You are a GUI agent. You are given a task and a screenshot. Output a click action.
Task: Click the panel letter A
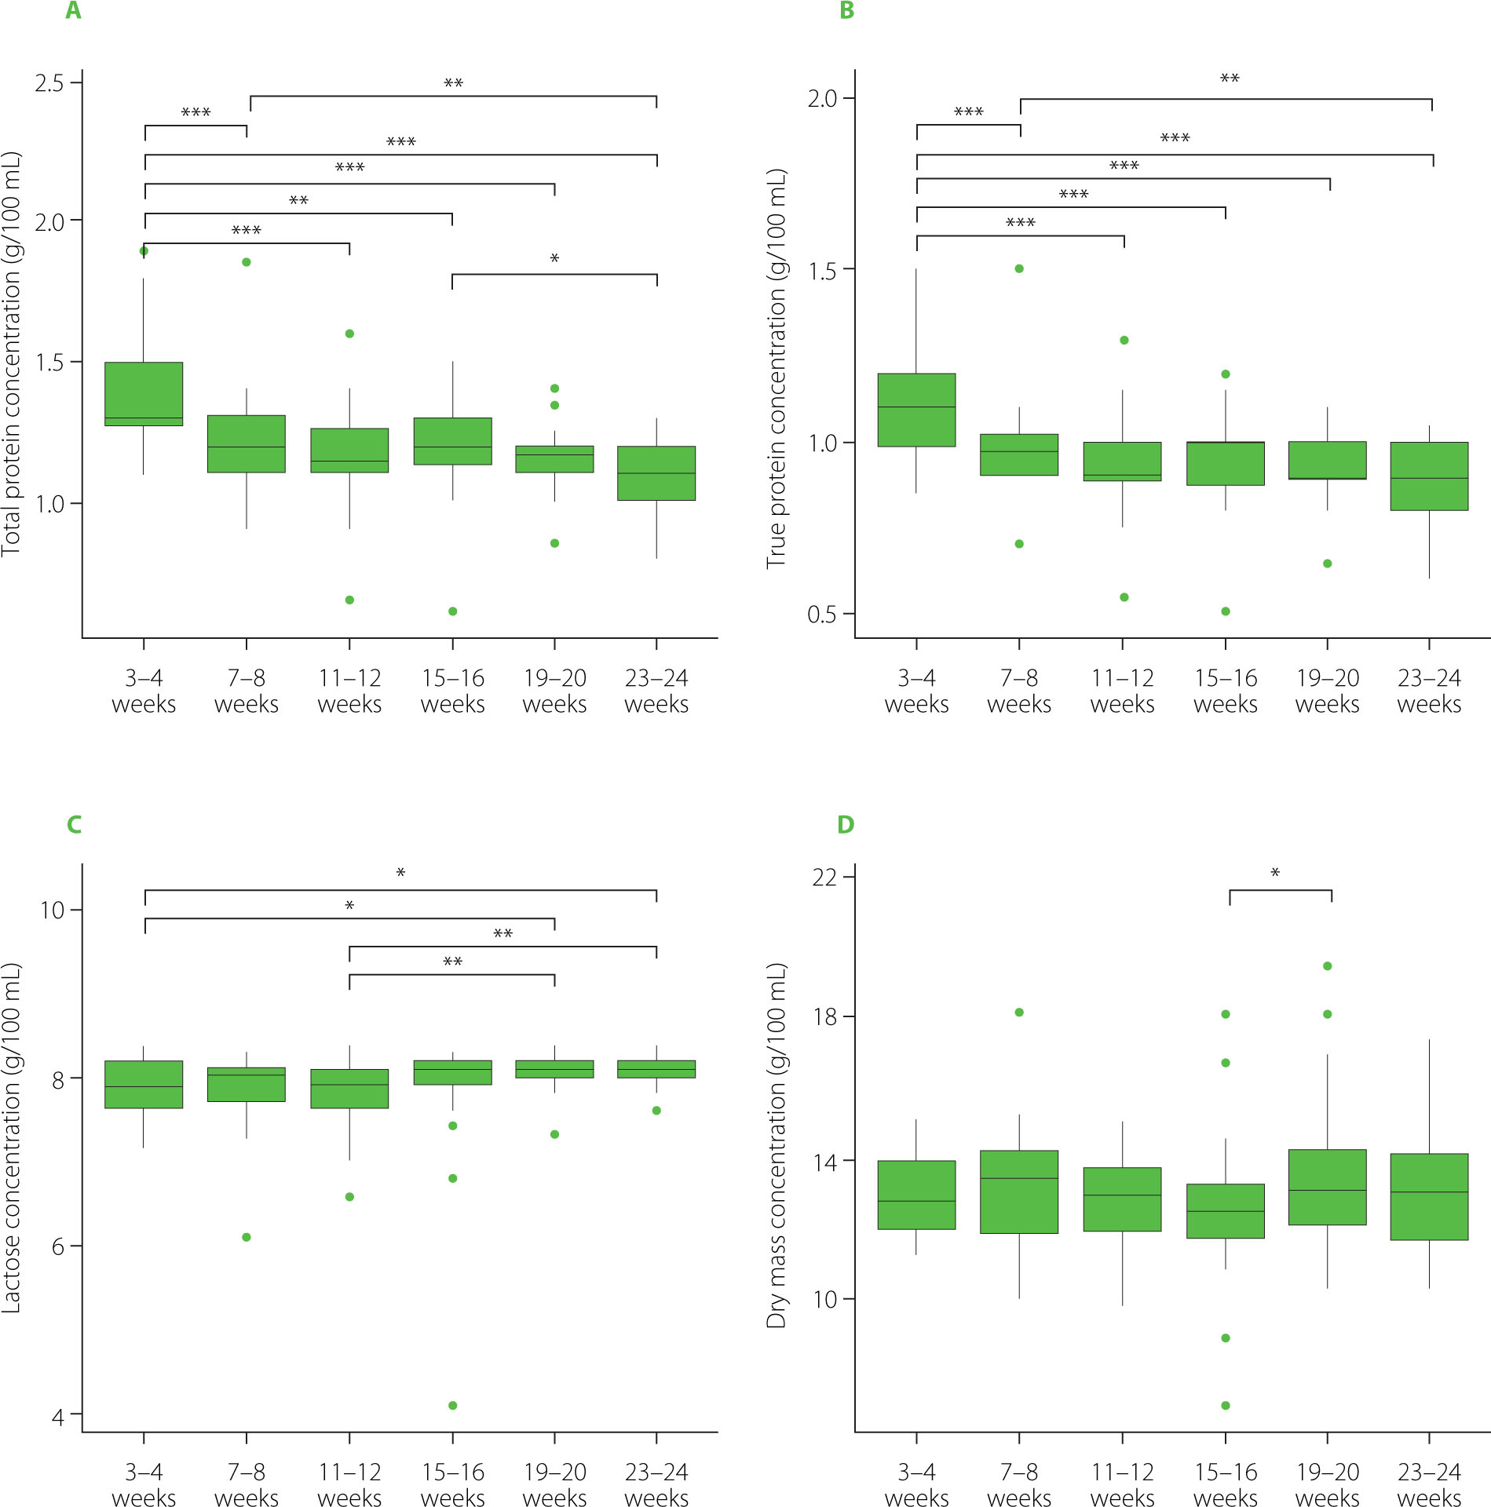click(x=73, y=11)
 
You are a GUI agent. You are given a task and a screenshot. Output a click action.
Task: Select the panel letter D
click(x=846, y=824)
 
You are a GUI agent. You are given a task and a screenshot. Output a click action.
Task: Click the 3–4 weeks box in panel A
click(x=144, y=394)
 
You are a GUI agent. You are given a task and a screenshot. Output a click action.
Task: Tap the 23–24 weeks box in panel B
click(x=1429, y=476)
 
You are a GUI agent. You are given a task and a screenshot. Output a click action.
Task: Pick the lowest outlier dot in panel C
click(x=453, y=1405)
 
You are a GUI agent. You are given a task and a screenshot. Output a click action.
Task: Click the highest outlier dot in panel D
click(x=1328, y=966)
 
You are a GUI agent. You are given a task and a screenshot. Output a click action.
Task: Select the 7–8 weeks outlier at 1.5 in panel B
click(x=1019, y=268)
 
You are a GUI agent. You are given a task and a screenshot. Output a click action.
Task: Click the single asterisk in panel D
click(x=1275, y=874)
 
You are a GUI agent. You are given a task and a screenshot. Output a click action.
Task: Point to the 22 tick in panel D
click(x=825, y=877)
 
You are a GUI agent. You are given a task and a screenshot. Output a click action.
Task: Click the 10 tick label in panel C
click(x=52, y=910)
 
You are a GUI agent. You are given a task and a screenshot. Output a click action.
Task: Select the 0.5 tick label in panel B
click(x=822, y=615)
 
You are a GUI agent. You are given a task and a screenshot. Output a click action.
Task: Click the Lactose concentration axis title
click(x=11, y=1137)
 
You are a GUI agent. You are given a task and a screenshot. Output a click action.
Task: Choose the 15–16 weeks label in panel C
click(x=453, y=1483)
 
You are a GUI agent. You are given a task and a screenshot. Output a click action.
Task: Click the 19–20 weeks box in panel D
click(x=1328, y=1187)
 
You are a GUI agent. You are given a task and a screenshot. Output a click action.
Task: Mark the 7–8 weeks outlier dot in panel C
click(x=247, y=1237)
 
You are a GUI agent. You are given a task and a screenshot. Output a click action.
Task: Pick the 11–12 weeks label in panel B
click(x=1123, y=691)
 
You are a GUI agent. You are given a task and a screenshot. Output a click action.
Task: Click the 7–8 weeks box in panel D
click(x=1019, y=1191)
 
